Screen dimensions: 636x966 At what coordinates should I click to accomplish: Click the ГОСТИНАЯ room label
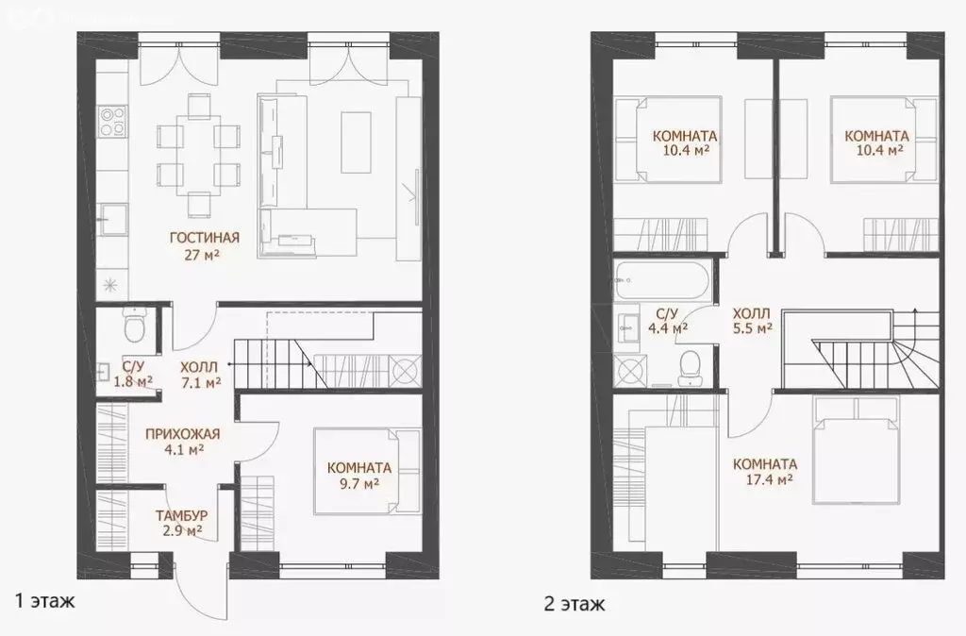[205, 238]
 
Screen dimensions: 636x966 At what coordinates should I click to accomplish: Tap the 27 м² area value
[205, 254]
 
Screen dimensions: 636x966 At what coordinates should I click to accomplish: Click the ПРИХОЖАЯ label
[182, 434]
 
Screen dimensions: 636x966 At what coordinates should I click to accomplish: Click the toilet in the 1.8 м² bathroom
[135, 326]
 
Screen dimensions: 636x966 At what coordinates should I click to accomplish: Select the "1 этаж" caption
[43, 600]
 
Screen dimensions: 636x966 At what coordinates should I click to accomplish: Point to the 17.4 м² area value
[765, 479]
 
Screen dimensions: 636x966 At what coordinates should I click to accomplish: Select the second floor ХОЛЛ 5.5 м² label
[753, 320]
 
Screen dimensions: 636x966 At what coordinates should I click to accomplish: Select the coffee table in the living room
[355, 142]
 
